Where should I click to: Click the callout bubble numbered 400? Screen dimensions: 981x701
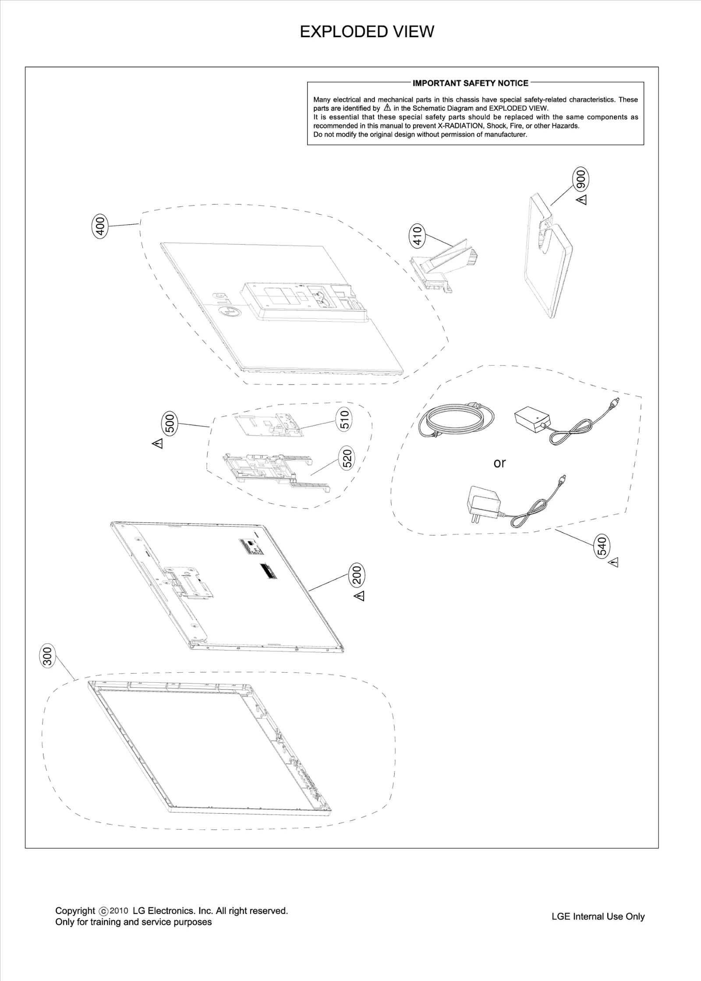tap(100, 226)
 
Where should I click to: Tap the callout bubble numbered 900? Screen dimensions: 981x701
tap(581, 180)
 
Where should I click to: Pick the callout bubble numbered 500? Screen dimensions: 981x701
tap(170, 423)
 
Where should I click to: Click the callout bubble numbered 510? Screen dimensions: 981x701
tap(345, 419)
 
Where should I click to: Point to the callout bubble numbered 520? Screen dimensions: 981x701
tap(347, 459)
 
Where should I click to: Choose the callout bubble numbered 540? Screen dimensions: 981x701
tap(602, 546)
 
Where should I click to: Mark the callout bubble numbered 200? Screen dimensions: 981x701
tap(357, 575)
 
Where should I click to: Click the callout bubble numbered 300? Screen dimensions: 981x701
tap(48, 656)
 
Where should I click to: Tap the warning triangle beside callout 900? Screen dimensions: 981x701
tap(582, 200)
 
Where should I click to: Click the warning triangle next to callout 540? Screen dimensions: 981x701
tap(613, 562)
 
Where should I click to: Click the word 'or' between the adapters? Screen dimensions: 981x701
tap(499, 463)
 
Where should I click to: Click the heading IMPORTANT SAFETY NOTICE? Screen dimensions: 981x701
tap(471, 83)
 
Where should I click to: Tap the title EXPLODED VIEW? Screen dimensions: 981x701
tap(367, 32)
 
